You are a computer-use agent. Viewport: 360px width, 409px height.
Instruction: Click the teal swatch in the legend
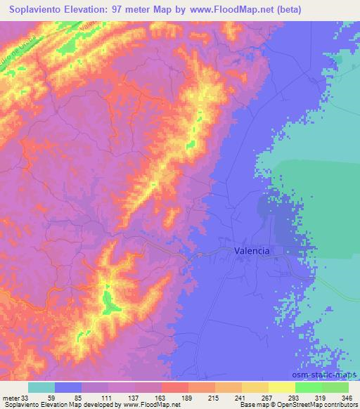41,388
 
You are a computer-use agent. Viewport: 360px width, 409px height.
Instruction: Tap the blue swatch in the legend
68,388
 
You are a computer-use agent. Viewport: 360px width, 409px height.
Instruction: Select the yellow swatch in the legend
282,388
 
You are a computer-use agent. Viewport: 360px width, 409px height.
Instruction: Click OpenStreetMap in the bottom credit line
292,404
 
